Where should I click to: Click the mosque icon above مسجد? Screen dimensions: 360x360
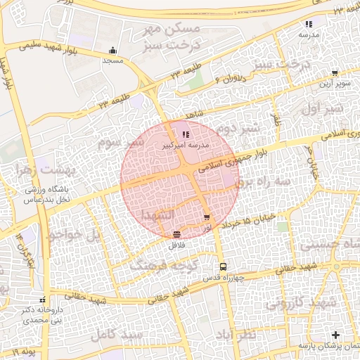coord(112,51)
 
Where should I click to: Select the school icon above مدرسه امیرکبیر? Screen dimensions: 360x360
coord(186,134)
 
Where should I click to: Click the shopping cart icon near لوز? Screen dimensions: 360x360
coord(206,218)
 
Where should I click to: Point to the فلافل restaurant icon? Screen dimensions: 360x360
coord(175,234)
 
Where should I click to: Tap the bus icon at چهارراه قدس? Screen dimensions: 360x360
coord(223,266)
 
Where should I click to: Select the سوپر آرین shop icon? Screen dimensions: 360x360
coord(335,72)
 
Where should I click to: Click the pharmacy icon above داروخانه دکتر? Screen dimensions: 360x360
coord(43,300)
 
